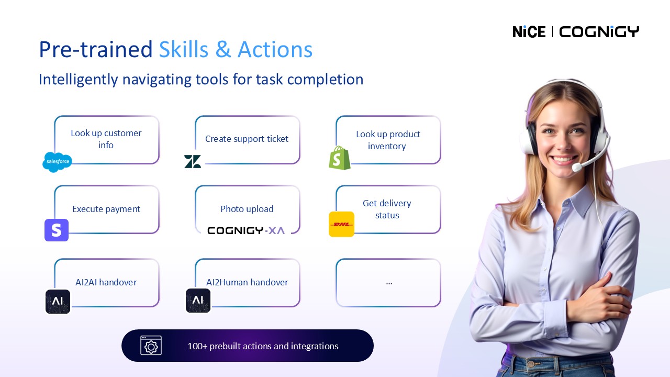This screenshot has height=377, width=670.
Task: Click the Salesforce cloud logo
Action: tap(58, 162)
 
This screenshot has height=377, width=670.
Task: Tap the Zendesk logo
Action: tap(192, 162)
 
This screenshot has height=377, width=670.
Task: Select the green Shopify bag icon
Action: tap(340, 158)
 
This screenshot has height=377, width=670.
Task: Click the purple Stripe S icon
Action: tap(57, 230)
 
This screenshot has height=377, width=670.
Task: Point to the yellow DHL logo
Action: tap(342, 224)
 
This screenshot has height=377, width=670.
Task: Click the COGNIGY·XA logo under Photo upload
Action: tap(246, 231)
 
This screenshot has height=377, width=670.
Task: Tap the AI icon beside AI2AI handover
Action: tap(58, 301)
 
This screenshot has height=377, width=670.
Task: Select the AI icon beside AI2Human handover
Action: tap(198, 301)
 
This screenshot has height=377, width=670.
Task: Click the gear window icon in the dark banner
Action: tap(151, 345)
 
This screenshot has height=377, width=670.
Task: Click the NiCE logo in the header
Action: tap(529, 32)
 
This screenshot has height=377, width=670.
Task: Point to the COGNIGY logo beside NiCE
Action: tap(599, 32)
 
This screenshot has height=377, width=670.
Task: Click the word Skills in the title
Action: tap(184, 49)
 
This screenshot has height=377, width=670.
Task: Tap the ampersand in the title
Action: tap(223, 49)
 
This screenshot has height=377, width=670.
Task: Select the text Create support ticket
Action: tap(247, 139)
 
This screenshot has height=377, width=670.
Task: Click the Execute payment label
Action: tap(106, 209)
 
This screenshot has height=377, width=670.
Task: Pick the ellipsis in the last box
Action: tap(389, 283)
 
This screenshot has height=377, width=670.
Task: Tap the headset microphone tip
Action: tap(576, 167)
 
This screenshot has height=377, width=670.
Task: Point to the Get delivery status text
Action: tap(387, 209)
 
